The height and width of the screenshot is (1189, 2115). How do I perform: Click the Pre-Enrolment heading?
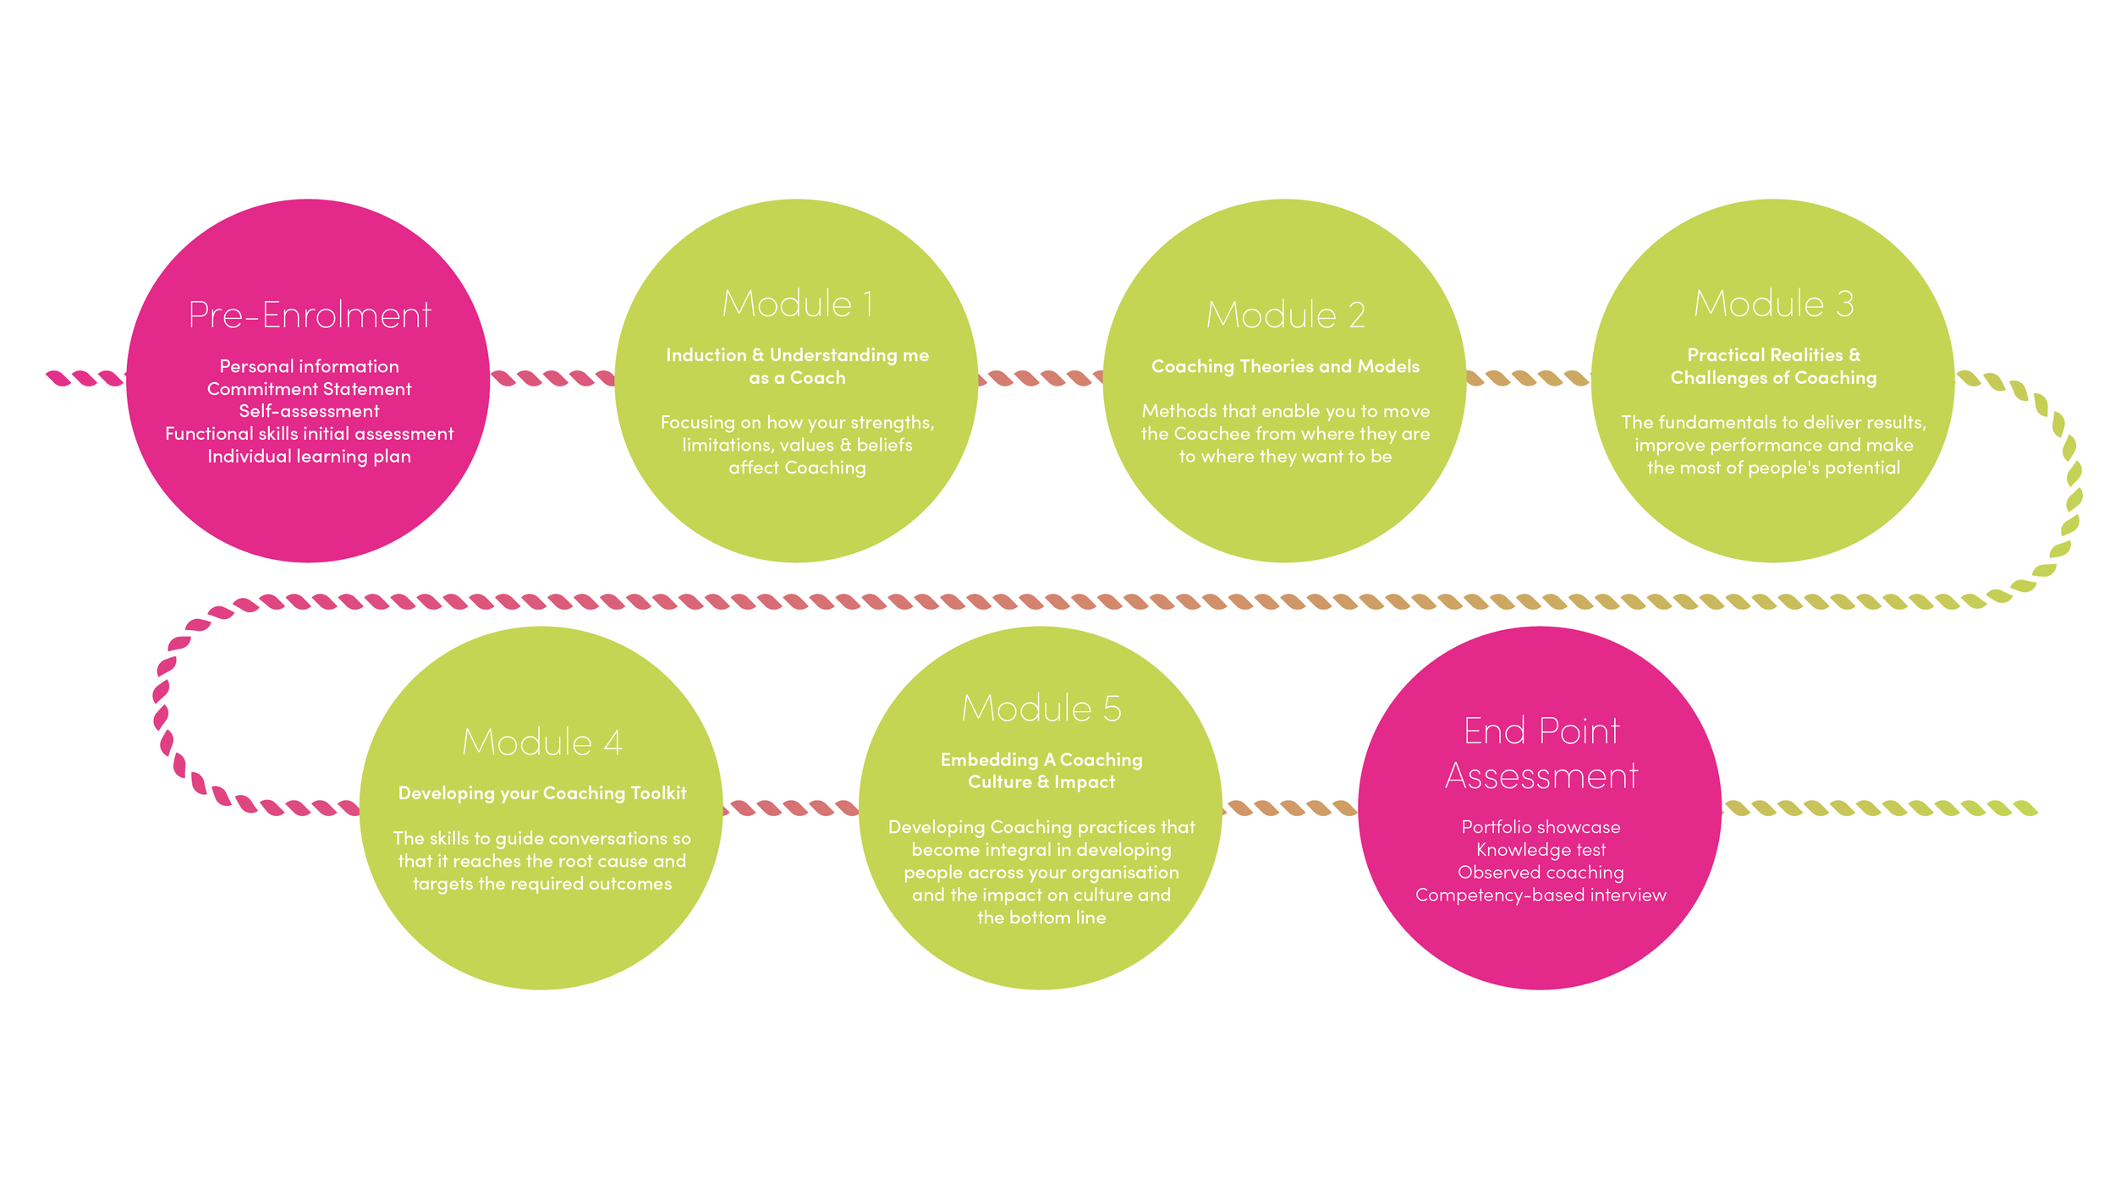[x=309, y=315]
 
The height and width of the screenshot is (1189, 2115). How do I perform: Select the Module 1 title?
[x=797, y=304]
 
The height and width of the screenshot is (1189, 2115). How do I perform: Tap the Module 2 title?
[x=1285, y=315]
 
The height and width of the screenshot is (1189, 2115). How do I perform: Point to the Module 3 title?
[x=1773, y=304]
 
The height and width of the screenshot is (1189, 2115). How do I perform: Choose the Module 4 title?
[x=541, y=742]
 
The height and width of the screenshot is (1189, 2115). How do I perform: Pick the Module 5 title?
[x=1041, y=709]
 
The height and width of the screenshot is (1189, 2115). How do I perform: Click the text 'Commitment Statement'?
[x=309, y=389]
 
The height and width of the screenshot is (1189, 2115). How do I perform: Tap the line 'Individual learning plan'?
[x=309, y=457]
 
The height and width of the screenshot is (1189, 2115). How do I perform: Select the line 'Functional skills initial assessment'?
[x=309, y=434]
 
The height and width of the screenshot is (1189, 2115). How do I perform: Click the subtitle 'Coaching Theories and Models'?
[x=1285, y=366]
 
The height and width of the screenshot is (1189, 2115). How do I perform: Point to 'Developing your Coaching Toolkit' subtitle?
[x=541, y=793]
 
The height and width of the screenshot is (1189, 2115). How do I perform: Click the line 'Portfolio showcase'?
[x=1541, y=827]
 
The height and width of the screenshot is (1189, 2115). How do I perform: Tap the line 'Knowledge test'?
[x=1541, y=850]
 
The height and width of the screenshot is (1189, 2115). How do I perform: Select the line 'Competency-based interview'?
[x=1541, y=895]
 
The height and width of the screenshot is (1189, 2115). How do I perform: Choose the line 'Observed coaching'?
[x=1541, y=873]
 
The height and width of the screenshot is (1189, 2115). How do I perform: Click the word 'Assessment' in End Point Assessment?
[x=1541, y=776]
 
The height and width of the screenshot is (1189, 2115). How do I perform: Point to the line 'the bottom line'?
[x=1041, y=918]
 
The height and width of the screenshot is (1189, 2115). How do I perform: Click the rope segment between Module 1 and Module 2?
[x=1041, y=378]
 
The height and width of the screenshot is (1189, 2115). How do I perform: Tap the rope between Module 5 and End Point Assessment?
[x=1290, y=808]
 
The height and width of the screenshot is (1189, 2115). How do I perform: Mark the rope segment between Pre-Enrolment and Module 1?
[x=552, y=378]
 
